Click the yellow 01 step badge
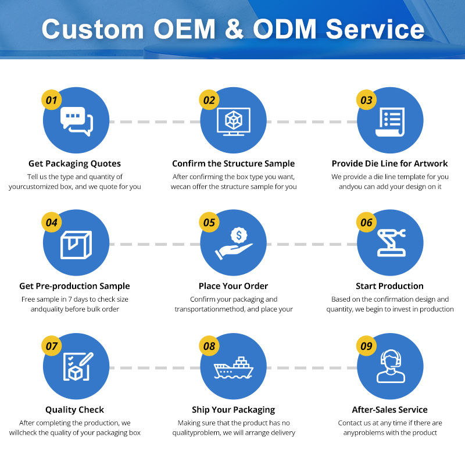[x=51, y=100]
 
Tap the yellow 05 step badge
[x=209, y=222]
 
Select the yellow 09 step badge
[x=366, y=346]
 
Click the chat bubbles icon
[x=77, y=121]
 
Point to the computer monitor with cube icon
[x=234, y=121]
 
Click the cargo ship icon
[x=234, y=368]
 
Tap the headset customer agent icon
[x=391, y=366]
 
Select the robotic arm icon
[x=391, y=242]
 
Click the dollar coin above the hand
[x=239, y=235]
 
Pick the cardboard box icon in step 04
[x=76, y=245]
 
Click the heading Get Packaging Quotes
[x=75, y=164]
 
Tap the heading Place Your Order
[x=234, y=286]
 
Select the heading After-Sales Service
[x=389, y=410]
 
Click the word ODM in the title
[x=285, y=29]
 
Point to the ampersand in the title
[x=234, y=29]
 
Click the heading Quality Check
[x=75, y=410]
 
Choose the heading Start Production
[x=389, y=286]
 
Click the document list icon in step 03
[x=390, y=122]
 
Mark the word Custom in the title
[x=93, y=29]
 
